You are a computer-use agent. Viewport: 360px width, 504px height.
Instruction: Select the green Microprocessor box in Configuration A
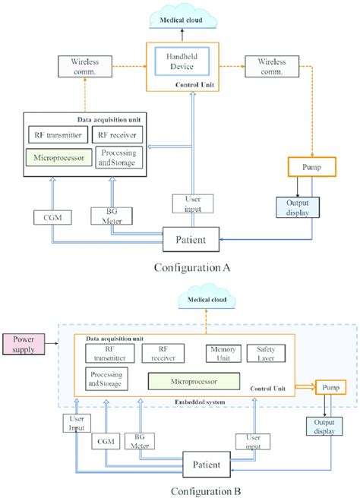click(57, 159)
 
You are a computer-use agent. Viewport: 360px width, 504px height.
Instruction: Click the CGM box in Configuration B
click(104, 439)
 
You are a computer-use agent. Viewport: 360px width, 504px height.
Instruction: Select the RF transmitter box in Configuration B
click(103, 353)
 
